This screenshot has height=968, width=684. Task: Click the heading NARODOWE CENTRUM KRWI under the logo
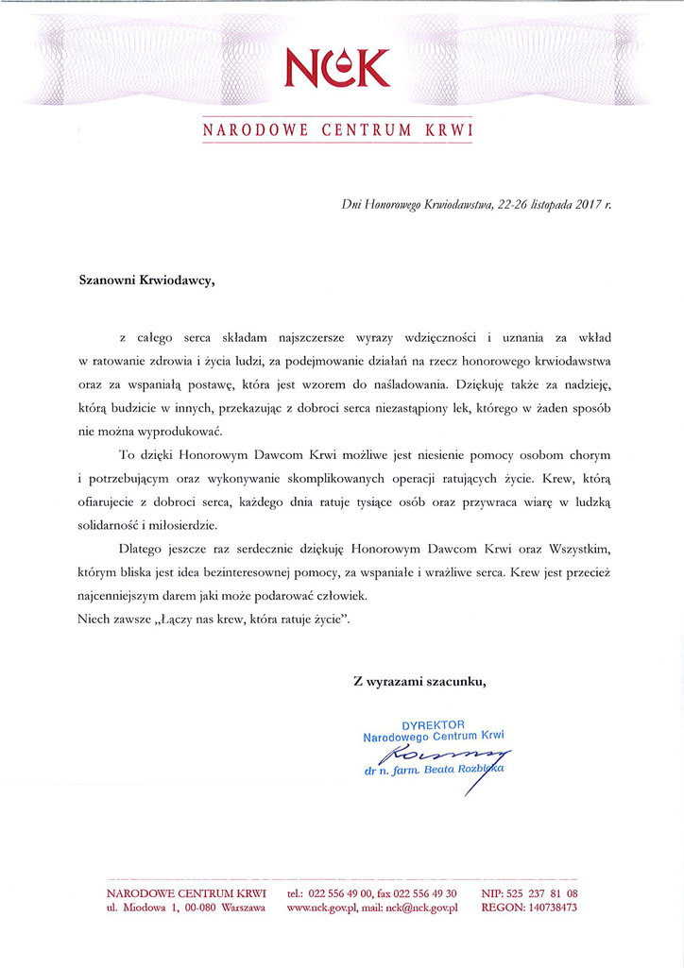pos(337,129)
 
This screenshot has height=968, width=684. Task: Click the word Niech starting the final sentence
pos(94,619)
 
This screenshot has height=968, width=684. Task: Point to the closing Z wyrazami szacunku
pos(419,680)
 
